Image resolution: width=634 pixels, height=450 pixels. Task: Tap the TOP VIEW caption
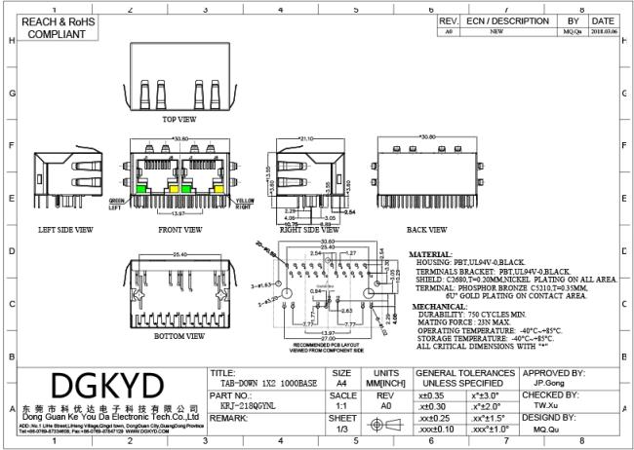coord(178,119)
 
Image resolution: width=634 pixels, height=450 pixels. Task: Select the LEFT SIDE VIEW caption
coord(65,230)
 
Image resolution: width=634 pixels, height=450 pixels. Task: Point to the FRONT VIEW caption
coord(179,230)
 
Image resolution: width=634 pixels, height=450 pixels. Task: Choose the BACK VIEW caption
coord(427,230)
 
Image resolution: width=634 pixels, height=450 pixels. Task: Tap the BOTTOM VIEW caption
coord(178,336)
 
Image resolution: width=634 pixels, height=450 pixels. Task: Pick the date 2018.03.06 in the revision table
coord(602,31)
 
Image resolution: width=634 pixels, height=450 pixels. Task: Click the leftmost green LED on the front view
coord(140,188)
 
